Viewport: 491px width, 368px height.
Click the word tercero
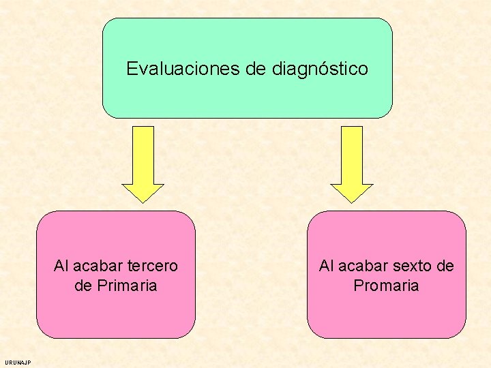pyautogui.click(x=151, y=266)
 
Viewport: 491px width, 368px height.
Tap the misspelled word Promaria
pyautogui.click(x=386, y=286)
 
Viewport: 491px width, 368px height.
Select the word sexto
pyautogui.click(x=410, y=266)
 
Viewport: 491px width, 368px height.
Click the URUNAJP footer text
pyautogui.click(x=17, y=363)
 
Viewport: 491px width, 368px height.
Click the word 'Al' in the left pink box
pyautogui.click(x=61, y=266)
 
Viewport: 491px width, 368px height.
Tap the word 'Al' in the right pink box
pyautogui.click(x=326, y=266)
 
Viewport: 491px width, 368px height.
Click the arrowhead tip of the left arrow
pyautogui.click(x=143, y=202)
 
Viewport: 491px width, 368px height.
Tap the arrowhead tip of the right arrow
pyautogui.click(x=352, y=202)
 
